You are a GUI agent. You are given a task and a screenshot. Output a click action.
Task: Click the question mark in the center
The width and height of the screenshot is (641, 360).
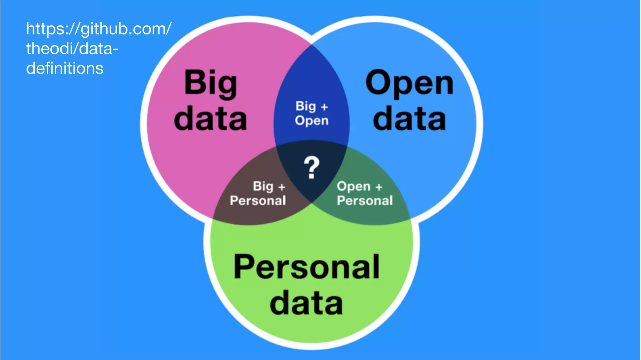click(311, 168)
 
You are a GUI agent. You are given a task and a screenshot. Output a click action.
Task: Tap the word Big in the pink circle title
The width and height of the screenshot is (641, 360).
click(210, 83)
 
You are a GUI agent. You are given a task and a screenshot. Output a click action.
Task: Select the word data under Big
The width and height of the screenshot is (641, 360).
click(210, 119)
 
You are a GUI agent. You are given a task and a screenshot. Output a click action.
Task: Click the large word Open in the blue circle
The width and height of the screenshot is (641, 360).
click(409, 83)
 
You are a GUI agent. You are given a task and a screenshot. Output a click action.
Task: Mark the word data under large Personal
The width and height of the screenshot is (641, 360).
click(306, 303)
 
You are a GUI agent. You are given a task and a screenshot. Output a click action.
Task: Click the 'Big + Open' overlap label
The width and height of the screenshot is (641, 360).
click(312, 114)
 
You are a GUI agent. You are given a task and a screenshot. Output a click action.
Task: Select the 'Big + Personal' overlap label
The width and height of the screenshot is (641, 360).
click(258, 193)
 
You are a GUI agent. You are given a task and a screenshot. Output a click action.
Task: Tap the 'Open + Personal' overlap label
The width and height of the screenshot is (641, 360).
click(365, 193)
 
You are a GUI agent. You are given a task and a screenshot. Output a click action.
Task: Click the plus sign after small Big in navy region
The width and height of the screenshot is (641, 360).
click(324, 107)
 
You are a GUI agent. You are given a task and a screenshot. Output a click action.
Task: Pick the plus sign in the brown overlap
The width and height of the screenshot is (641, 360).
click(282, 187)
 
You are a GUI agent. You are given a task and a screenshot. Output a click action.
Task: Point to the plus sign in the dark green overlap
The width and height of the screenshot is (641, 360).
click(379, 187)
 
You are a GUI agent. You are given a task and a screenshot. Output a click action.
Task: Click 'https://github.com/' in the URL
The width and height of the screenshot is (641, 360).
click(99, 29)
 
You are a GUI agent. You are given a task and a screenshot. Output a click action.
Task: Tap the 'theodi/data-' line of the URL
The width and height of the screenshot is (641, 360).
click(72, 49)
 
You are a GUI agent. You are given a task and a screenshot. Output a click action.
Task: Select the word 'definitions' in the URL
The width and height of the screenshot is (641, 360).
click(64, 68)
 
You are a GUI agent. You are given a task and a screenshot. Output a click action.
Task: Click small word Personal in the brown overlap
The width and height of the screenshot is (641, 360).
click(258, 201)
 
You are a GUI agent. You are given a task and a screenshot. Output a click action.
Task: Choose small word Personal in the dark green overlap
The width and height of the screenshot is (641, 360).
click(365, 201)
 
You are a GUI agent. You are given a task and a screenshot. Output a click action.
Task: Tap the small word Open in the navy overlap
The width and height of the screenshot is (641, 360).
click(312, 121)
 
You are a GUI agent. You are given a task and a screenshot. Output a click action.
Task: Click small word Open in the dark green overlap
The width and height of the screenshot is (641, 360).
click(354, 187)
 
